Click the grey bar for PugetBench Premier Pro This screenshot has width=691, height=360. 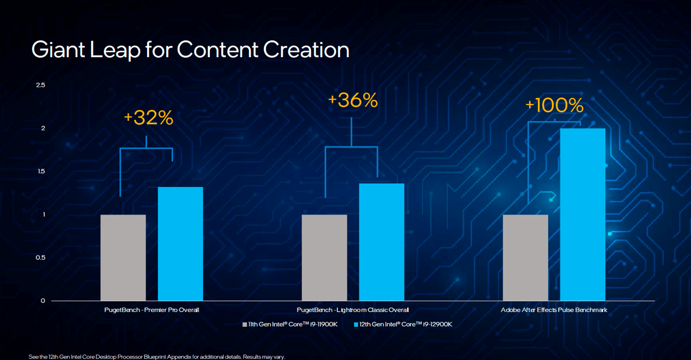[x=123, y=258]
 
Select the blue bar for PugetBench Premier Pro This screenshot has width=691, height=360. [x=180, y=243]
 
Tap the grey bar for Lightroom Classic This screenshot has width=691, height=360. [x=324, y=258]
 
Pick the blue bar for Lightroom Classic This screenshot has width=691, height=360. [x=381, y=242]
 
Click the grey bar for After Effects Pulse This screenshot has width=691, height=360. [x=525, y=258]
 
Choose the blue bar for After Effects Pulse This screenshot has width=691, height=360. [x=583, y=215]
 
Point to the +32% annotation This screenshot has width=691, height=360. [x=148, y=118]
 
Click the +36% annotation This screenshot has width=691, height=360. [x=353, y=100]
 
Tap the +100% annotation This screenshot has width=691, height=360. [x=554, y=106]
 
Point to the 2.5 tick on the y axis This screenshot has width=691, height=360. [x=40, y=85]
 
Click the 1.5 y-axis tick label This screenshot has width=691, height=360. [x=40, y=172]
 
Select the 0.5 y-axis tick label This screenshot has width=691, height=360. [x=40, y=258]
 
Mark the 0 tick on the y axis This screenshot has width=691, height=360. [x=43, y=301]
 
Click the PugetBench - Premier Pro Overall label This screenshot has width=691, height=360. [x=151, y=310]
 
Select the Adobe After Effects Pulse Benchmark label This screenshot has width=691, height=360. [x=554, y=310]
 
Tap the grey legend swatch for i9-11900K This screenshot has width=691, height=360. [x=245, y=325]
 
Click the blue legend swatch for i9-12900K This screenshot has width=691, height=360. [x=356, y=325]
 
